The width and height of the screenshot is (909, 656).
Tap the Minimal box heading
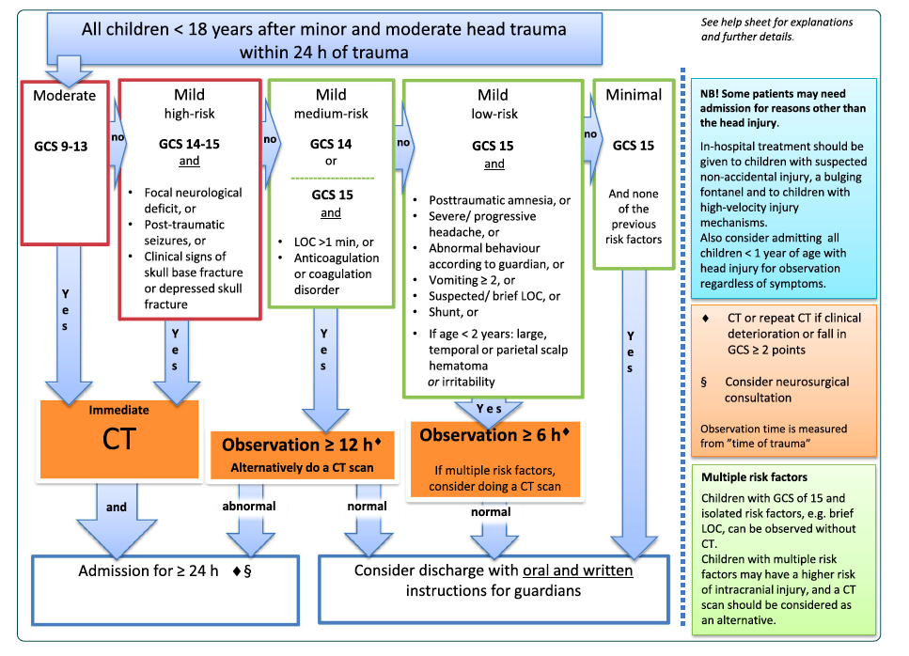[634, 95]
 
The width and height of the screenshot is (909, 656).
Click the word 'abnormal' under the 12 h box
[249, 507]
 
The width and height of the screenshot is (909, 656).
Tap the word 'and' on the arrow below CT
[117, 507]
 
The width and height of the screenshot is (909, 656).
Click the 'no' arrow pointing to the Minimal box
[589, 134]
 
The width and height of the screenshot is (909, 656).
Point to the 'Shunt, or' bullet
[455, 312]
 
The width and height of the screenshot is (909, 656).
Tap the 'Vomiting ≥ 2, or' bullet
[474, 280]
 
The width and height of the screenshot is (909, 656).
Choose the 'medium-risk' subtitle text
[330, 114]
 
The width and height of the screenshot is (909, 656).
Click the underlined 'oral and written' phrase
[577, 570]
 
